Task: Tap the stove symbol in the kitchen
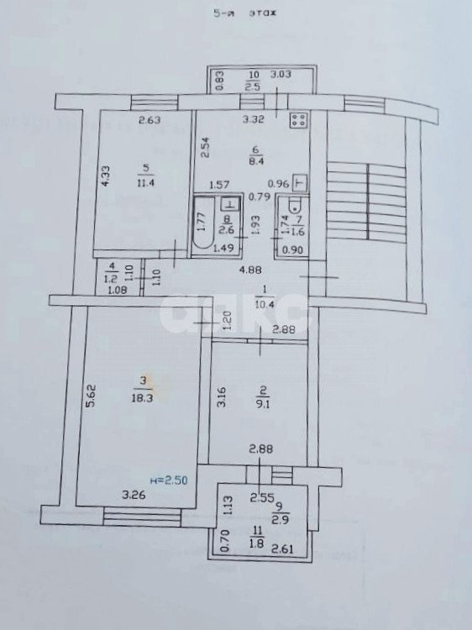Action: tap(297, 120)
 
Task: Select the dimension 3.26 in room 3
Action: tap(134, 495)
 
